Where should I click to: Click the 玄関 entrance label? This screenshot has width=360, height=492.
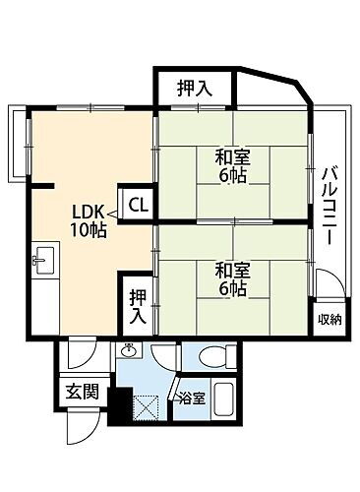tap(82, 391)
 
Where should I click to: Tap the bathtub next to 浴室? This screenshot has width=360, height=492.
tap(223, 401)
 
